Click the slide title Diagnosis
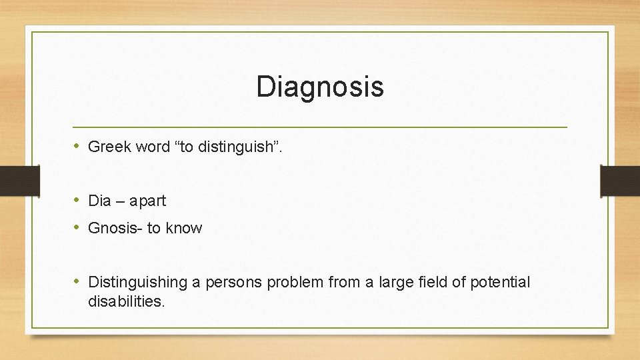tap(320, 87)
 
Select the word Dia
tap(100, 201)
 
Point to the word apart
tap(147, 201)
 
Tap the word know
tap(184, 229)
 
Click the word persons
tap(235, 283)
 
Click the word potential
tap(500, 283)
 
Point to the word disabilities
tap(126, 301)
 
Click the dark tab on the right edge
tap(620, 181)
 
